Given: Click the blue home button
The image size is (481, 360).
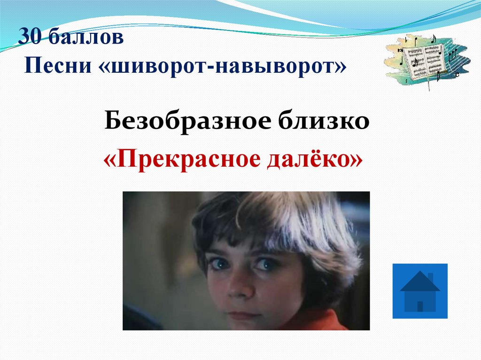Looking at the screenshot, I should click(419, 291).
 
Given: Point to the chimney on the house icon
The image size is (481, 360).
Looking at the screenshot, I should click(430, 276).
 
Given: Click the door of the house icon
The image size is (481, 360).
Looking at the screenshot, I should click(420, 306).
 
